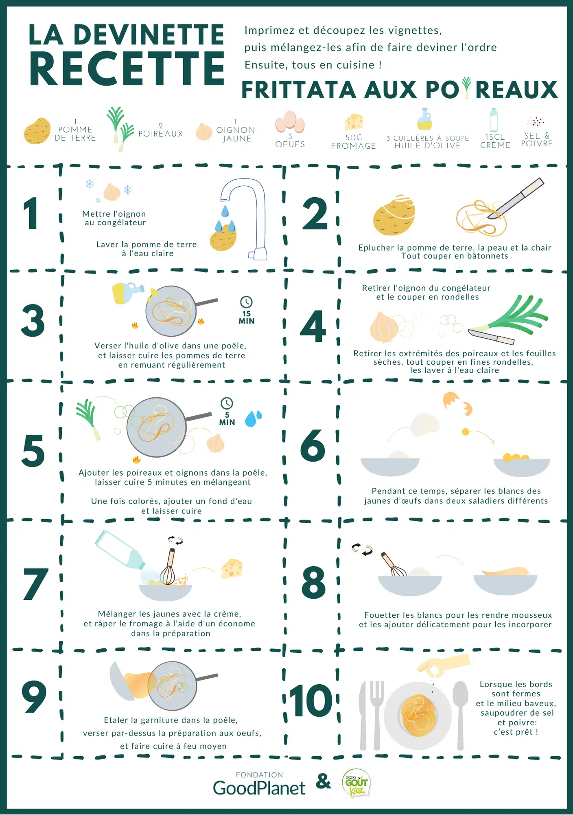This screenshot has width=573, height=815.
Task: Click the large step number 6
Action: coord(313,445)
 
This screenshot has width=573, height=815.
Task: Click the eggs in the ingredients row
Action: coord(290,122)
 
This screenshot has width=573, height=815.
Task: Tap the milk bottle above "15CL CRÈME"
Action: coord(494,120)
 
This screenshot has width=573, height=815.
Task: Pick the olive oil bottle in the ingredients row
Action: coord(424,119)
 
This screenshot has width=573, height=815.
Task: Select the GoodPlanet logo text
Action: coord(259,788)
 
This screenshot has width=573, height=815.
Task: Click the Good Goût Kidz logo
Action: coord(356,782)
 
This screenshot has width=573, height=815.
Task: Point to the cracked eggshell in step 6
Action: coord(457,404)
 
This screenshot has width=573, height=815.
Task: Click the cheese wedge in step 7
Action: coord(232,569)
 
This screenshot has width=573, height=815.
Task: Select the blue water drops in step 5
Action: coord(253,418)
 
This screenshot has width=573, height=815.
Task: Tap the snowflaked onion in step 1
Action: coord(112,192)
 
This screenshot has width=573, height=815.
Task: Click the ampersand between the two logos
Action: coord(324,782)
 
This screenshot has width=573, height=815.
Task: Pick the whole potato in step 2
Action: coord(394,214)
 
